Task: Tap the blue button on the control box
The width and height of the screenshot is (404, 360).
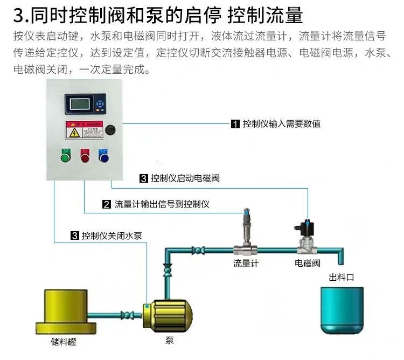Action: [103, 156]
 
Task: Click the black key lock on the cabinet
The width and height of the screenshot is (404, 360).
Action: [111, 129]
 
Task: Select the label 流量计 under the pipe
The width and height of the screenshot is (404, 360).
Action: [246, 264]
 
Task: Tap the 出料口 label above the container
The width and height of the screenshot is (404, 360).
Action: [342, 278]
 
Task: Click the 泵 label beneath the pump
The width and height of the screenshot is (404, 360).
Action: [170, 341]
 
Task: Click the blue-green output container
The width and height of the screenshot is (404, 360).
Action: [342, 309]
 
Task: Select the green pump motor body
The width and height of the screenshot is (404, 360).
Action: [169, 314]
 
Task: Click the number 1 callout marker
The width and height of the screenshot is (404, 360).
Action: [235, 124]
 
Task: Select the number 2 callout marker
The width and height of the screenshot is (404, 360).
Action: [107, 204]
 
